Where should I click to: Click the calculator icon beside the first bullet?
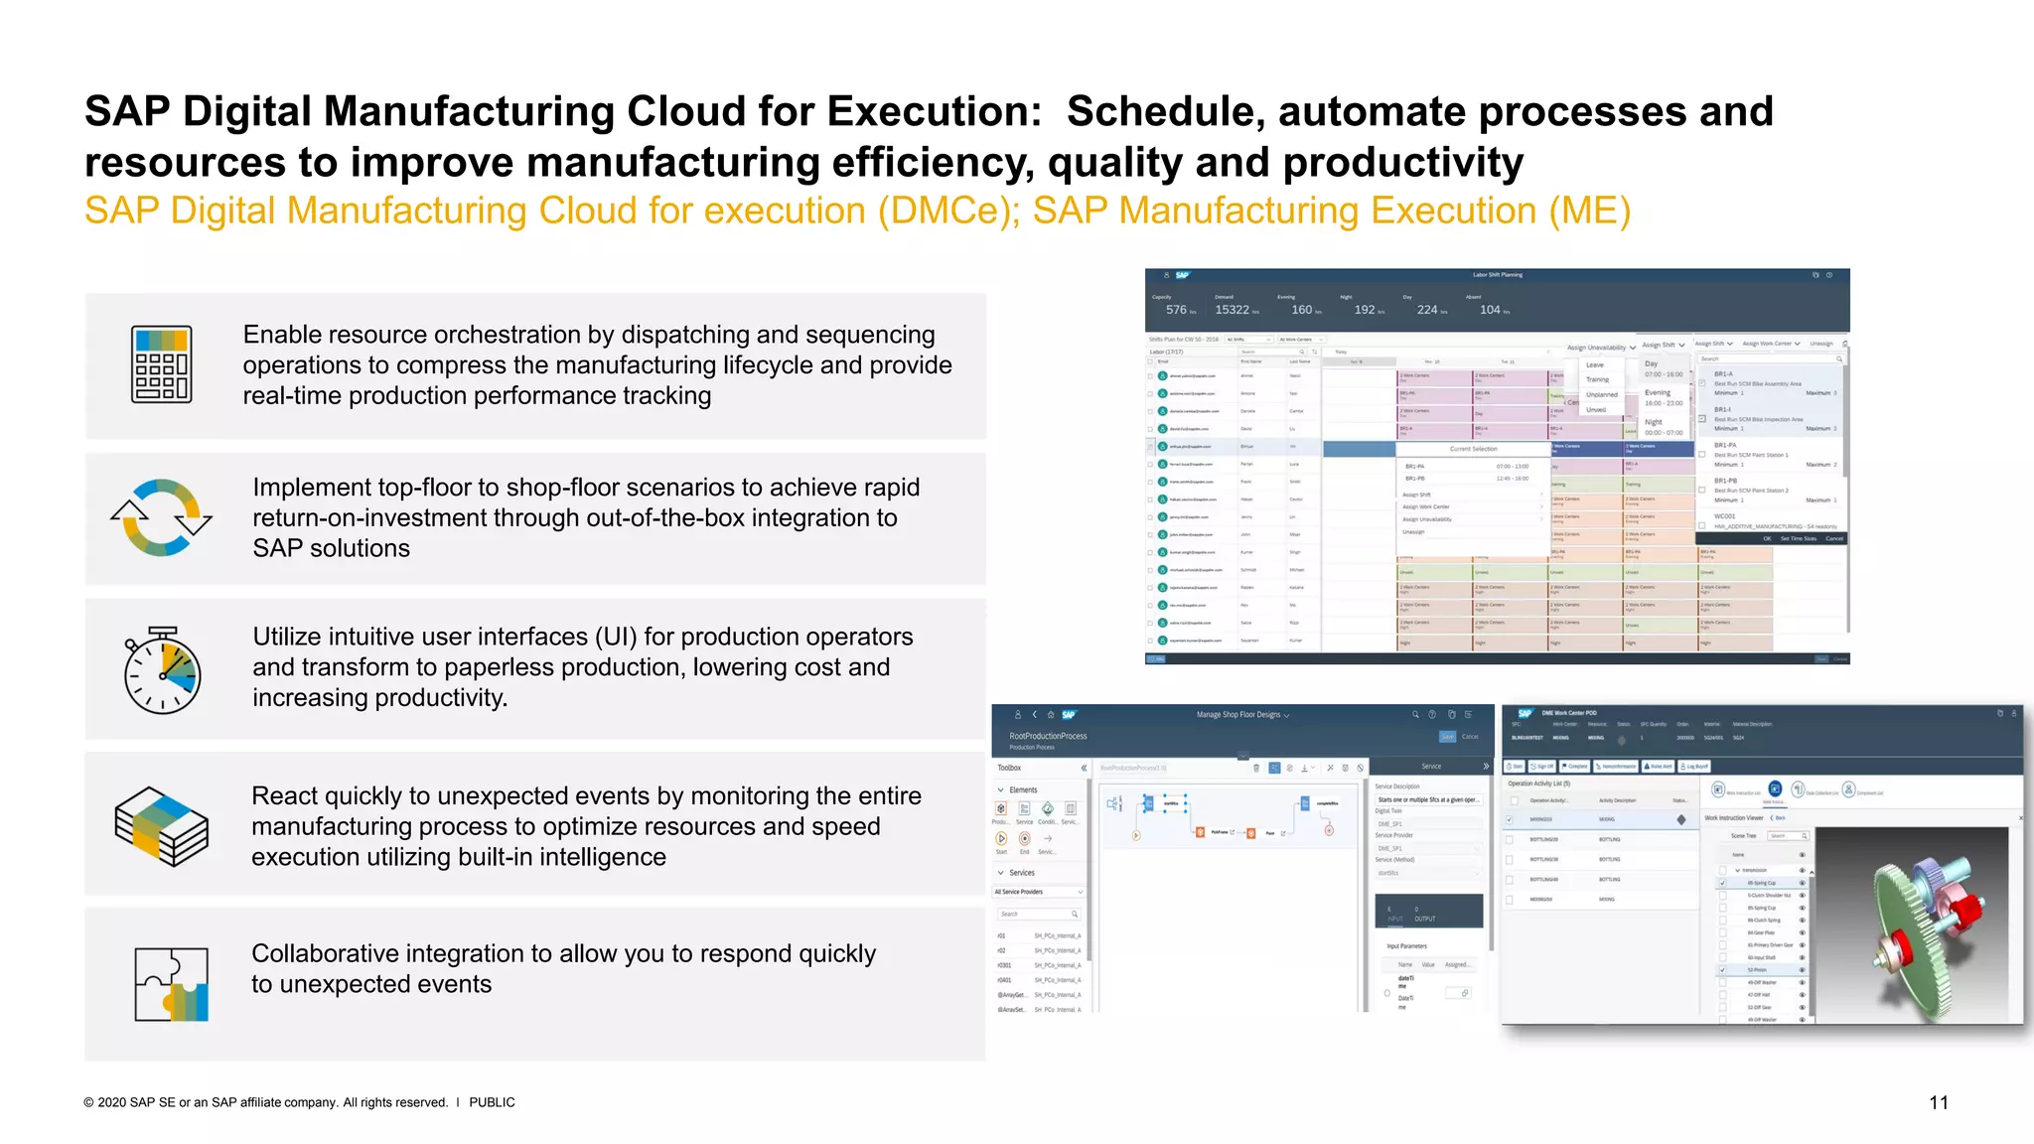pyautogui.click(x=161, y=364)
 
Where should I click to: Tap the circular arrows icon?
pyautogui.click(x=161, y=517)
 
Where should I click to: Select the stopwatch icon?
pyautogui.click(x=162, y=670)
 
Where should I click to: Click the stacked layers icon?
pyautogui.click(x=161, y=826)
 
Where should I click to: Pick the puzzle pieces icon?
pyautogui.click(x=171, y=984)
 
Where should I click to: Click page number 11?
pyautogui.click(x=1938, y=1102)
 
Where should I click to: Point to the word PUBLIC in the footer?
pyautogui.click(x=492, y=1102)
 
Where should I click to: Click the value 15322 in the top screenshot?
pyautogui.click(x=1232, y=310)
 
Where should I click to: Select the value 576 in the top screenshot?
pyautogui.click(x=1176, y=310)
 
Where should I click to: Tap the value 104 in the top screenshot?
pyautogui.click(x=1490, y=310)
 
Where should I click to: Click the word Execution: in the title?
pyautogui.click(x=934, y=111)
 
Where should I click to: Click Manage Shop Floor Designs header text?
pyautogui.click(x=1238, y=715)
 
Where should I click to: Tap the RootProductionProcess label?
pyautogui.click(x=1048, y=736)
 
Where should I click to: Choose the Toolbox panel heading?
pyautogui.click(x=1009, y=768)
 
